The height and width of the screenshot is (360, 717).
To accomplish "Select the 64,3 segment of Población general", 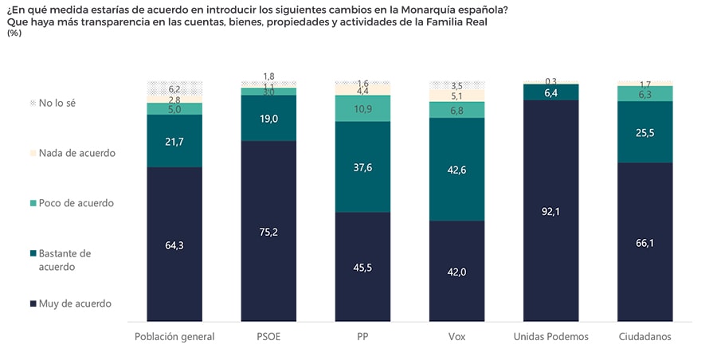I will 174,245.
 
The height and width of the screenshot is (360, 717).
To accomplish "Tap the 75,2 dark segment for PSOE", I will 268,232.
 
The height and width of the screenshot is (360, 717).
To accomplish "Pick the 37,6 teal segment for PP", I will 362,166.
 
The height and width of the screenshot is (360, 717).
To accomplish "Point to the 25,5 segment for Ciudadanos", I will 645,131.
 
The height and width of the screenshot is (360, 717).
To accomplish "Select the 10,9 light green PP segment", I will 362,108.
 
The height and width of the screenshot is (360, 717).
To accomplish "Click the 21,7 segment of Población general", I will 174,141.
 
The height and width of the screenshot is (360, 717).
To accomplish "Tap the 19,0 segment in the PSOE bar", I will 268,118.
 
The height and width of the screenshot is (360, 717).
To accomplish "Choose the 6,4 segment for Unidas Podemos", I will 551,92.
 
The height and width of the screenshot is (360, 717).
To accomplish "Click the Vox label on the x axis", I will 456,337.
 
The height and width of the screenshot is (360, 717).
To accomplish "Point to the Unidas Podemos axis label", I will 551,337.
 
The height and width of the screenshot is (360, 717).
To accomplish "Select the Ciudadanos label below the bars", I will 645,337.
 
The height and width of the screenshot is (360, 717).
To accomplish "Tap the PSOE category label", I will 268,337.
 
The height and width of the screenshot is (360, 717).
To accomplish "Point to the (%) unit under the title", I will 14,33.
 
